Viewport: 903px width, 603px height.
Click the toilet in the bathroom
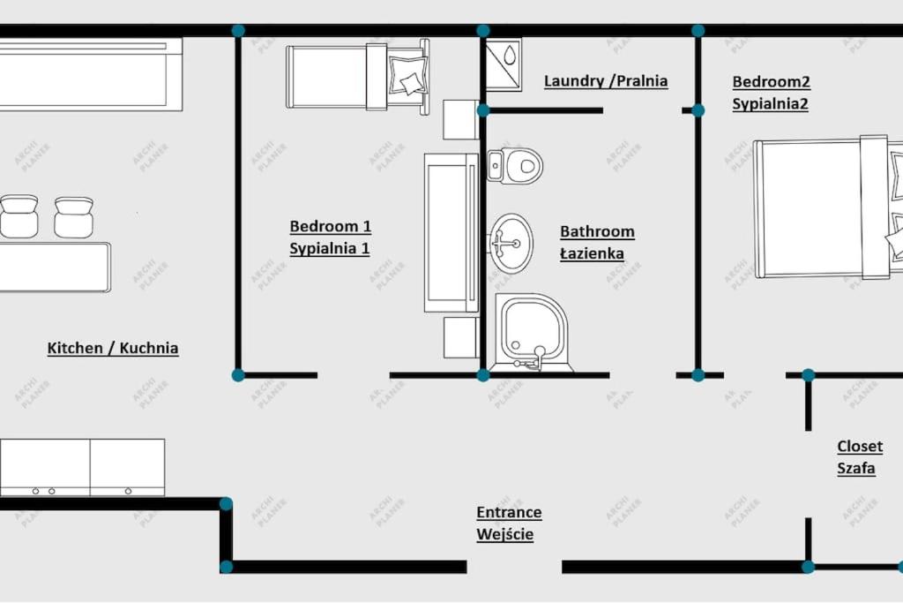515,166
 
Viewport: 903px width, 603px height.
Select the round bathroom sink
511,243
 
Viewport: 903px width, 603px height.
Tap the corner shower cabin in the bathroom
532,332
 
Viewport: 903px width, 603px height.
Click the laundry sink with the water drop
504,64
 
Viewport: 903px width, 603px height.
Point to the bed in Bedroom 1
358,76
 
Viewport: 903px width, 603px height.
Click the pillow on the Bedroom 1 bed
407,76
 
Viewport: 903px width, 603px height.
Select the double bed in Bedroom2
828,207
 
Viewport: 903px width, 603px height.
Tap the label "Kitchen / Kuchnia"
113,348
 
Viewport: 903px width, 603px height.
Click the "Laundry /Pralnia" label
606,80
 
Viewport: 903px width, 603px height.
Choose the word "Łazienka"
592,253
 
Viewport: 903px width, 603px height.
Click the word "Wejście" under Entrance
505,534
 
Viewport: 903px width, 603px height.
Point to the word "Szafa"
856,468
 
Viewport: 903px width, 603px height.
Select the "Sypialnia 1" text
330,248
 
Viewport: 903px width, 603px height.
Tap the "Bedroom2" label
771,82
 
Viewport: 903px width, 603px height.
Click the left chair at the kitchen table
19,216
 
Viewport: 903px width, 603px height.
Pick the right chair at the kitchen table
74,217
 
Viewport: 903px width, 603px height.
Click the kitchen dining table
55,267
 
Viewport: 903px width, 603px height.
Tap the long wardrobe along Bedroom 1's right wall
451,233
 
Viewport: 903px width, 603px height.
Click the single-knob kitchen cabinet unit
127,467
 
